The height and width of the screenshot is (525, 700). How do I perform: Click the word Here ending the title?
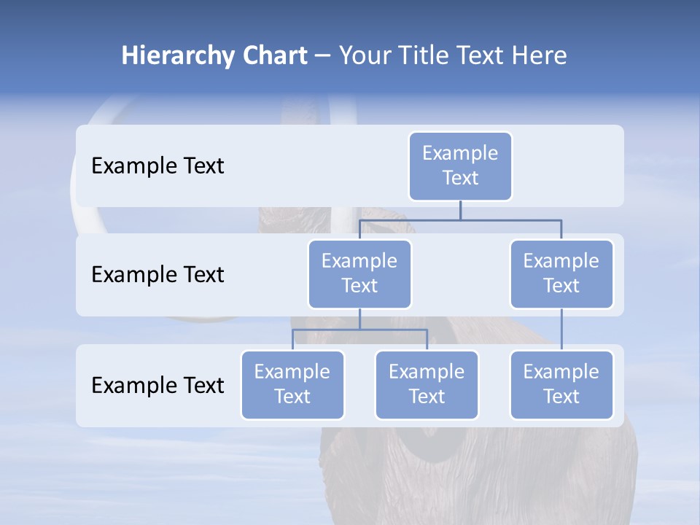pyautogui.click(x=540, y=56)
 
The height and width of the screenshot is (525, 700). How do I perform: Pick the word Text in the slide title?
pyautogui.click(x=482, y=56)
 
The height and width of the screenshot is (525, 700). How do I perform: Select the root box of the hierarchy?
pyautogui.click(x=460, y=166)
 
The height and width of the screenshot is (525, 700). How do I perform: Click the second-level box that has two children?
pyautogui.click(x=359, y=273)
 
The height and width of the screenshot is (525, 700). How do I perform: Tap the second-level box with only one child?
pyautogui.click(x=561, y=273)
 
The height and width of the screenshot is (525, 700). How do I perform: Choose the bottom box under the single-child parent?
pyautogui.click(x=561, y=384)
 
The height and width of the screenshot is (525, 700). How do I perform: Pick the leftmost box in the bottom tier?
pyautogui.click(x=292, y=384)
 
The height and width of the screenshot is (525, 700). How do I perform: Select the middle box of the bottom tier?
pyautogui.click(x=427, y=384)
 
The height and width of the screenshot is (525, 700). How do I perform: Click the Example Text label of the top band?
pyautogui.click(x=157, y=166)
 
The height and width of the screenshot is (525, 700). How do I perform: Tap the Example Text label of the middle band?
pyautogui.click(x=157, y=275)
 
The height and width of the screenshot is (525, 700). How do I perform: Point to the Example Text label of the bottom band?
pyautogui.click(x=157, y=386)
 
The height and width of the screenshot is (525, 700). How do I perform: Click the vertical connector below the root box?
pyautogui.click(x=460, y=210)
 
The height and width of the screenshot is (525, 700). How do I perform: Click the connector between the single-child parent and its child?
pyautogui.click(x=561, y=330)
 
